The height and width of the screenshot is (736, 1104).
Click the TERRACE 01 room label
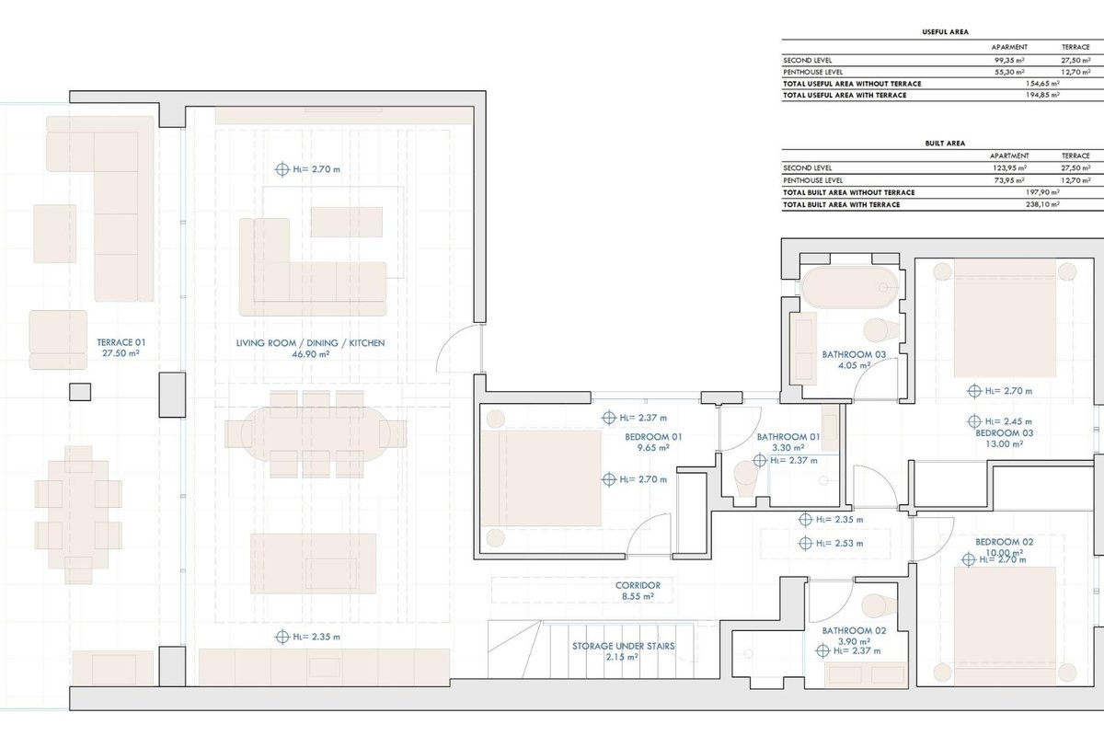click(121, 342)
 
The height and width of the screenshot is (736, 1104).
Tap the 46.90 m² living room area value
click(311, 354)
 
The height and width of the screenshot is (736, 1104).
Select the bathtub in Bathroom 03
click(849, 288)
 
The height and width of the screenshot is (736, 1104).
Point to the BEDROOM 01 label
click(653, 437)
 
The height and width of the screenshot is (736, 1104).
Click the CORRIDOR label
click(638, 586)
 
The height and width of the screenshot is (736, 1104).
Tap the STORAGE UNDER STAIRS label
click(624, 646)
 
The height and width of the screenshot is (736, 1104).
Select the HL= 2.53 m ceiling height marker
click(831, 543)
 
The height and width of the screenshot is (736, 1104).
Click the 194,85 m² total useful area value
click(1042, 95)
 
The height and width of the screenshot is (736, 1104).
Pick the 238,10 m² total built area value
click(1042, 204)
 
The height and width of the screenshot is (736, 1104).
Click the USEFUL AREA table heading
click(946, 32)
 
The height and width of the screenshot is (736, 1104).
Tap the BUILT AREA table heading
click(945, 144)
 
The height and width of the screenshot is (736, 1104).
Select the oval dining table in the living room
click(316, 434)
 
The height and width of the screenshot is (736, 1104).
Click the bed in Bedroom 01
click(541, 478)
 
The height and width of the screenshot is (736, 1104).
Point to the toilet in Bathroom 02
click(880, 606)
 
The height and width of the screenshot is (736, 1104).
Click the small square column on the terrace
click(80, 392)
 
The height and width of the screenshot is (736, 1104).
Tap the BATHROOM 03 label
click(854, 354)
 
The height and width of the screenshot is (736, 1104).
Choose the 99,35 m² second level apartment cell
click(1009, 60)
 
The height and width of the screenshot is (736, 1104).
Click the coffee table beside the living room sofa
click(347, 222)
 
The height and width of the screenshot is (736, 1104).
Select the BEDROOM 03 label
click(1005, 432)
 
